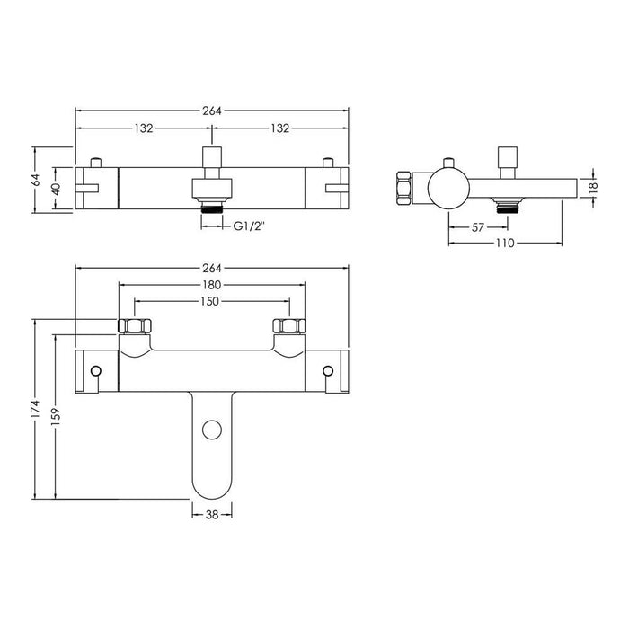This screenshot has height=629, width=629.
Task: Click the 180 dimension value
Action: (212, 286)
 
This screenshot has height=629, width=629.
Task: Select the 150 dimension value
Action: (212, 302)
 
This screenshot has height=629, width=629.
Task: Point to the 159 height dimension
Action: (56, 418)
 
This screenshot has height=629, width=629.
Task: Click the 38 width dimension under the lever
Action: (213, 514)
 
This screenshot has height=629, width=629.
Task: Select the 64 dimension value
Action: (35, 180)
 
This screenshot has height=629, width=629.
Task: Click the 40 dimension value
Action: (56, 189)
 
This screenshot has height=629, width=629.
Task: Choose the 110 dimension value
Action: (504, 244)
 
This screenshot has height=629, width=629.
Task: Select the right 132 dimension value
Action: (279, 128)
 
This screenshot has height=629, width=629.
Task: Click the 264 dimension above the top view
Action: (212, 111)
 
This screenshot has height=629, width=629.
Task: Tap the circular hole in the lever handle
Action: (212, 430)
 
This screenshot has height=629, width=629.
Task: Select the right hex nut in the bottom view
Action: (291, 326)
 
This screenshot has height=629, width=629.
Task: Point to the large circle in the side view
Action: (447, 189)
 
